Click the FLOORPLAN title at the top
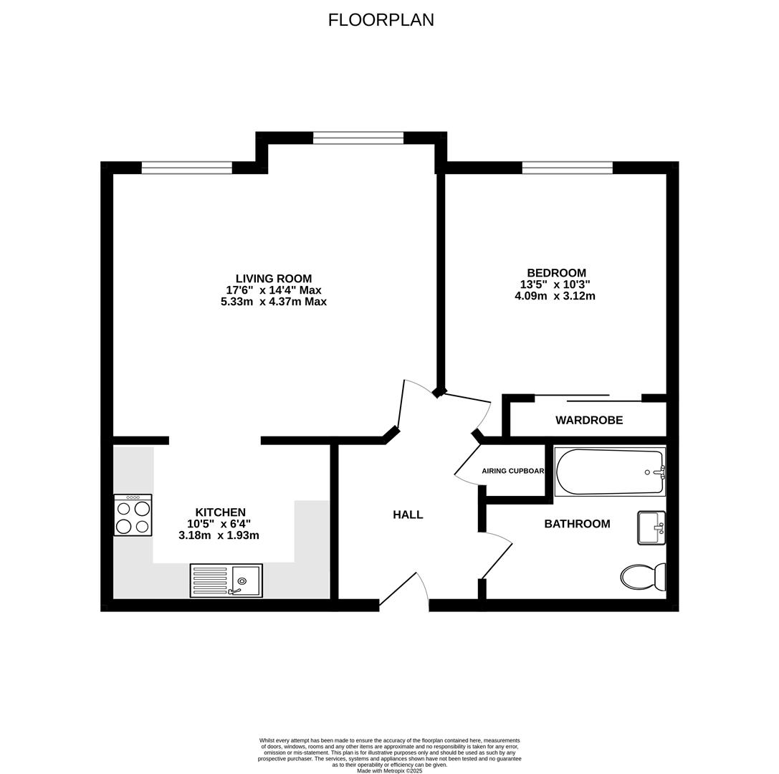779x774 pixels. click(x=381, y=20)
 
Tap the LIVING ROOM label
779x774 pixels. click(x=274, y=279)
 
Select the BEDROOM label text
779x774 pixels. click(x=556, y=273)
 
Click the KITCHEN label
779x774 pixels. click(x=220, y=512)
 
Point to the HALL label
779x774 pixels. click(x=408, y=515)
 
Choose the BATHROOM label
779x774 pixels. click(x=577, y=524)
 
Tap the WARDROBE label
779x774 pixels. click(x=589, y=420)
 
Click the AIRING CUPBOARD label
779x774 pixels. click(x=513, y=471)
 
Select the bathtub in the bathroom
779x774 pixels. click(x=610, y=472)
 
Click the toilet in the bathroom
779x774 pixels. click(x=642, y=576)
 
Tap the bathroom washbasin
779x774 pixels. click(x=651, y=527)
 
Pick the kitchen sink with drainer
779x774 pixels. click(x=226, y=580)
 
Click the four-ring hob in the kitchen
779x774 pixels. click(x=133, y=515)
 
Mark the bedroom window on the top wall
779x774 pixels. click(x=567, y=168)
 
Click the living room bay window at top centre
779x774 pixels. click(x=358, y=138)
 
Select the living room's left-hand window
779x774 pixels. click(x=186, y=168)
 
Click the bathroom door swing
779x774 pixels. click(x=497, y=555)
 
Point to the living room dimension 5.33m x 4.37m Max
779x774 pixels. click(x=274, y=302)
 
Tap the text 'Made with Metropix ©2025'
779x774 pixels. click(x=389, y=770)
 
